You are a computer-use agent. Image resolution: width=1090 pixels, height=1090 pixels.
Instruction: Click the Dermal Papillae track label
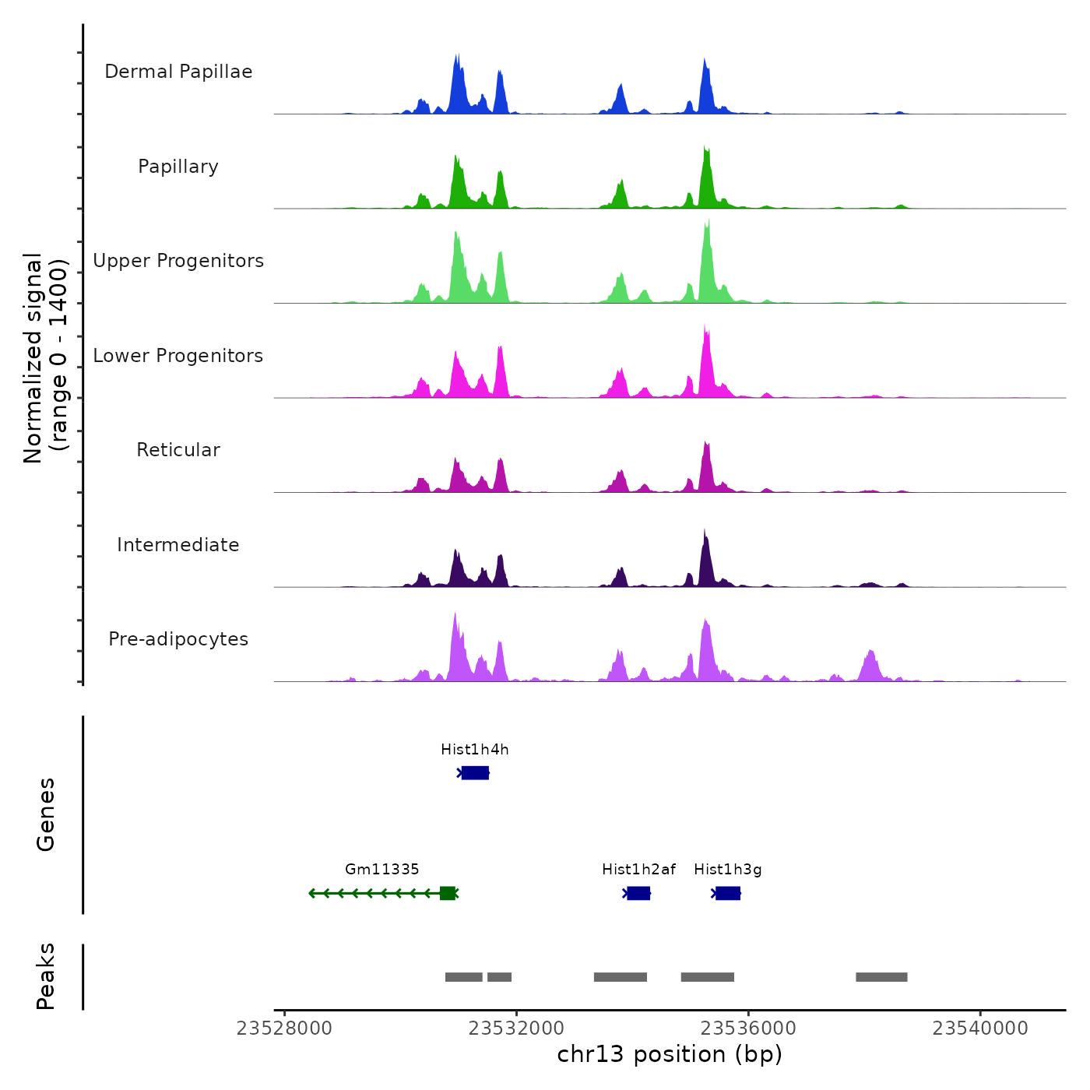pos(178,72)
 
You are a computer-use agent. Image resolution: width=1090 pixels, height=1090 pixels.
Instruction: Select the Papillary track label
pos(178,167)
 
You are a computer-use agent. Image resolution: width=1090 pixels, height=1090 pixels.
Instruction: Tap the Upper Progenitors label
pos(178,261)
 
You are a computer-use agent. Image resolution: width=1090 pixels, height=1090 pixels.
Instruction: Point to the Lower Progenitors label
pos(178,356)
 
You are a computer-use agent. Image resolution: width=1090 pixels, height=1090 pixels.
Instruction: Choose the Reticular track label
pos(178,450)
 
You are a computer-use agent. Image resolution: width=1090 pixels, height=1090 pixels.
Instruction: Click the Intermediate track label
pos(178,545)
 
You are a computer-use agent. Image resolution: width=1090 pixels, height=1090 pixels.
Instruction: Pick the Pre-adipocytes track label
pos(178,639)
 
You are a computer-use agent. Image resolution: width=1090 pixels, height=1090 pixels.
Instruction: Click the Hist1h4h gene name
pos(475,750)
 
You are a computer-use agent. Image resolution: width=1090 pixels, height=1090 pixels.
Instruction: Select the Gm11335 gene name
pos(382,870)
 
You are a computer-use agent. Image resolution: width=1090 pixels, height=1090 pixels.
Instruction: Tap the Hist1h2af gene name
pos(638,870)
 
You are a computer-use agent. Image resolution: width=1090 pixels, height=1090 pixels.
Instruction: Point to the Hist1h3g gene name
pos(728,870)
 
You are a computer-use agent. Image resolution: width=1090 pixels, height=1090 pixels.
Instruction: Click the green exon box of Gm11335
pos(448,893)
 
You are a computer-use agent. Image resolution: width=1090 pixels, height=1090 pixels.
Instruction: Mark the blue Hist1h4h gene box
pos(475,772)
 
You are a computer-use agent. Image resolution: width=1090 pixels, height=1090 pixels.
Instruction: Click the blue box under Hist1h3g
pos(728,893)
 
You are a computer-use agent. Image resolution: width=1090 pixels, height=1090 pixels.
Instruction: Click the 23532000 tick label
pos(516,1028)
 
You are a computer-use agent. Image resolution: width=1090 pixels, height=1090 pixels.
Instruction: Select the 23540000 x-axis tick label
pos(980,1028)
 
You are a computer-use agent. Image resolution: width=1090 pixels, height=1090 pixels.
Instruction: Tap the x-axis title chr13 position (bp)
pos(670,1054)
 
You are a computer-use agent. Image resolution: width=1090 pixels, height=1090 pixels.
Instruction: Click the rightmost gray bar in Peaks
pos(881,977)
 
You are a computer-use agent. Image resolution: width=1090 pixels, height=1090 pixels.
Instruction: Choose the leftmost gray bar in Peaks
pos(464,977)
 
